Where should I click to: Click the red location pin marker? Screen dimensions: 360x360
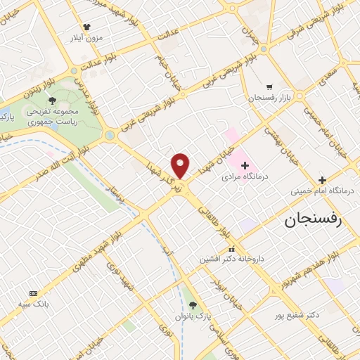181,165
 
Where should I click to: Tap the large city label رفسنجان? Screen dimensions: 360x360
312,220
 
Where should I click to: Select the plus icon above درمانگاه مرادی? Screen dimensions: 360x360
245,165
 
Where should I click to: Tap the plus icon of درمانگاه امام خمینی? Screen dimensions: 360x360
322,180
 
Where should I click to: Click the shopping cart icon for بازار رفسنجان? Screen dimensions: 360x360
269,86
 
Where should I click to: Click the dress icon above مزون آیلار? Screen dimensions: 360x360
86,27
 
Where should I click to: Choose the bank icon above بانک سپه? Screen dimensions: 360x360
32,292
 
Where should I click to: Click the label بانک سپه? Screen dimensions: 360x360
32,304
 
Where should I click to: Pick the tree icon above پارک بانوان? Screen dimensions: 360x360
193,304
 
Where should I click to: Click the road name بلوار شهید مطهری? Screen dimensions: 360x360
103,236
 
